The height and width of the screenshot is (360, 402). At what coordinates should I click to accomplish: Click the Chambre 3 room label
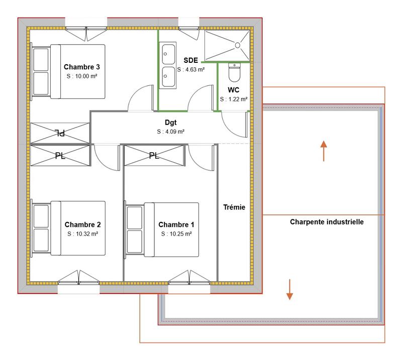click(x=82, y=67)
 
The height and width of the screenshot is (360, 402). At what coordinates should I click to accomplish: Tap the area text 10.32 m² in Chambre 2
click(x=82, y=233)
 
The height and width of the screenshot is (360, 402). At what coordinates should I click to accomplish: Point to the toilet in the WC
click(x=234, y=72)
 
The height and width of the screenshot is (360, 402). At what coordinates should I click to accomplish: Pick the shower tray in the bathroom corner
click(x=227, y=45)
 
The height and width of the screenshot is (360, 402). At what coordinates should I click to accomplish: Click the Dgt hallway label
click(x=170, y=122)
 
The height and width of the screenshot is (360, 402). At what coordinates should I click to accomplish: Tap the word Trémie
click(x=235, y=207)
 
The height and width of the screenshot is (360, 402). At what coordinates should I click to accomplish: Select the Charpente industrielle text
click(x=327, y=221)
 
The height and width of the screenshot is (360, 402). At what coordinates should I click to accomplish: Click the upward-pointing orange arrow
click(x=324, y=151)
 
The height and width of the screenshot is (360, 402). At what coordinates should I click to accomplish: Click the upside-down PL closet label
click(x=59, y=133)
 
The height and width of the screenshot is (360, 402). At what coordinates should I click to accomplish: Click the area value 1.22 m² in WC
click(x=234, y=99)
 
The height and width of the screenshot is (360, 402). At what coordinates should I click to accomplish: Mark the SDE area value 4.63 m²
click(x=190, y=69)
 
